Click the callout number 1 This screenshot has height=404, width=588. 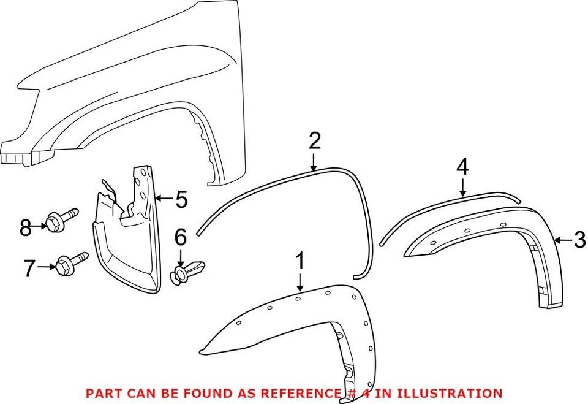coord(300,262)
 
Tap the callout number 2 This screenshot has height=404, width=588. coord(314,142)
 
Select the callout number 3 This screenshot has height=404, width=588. coord(579,240)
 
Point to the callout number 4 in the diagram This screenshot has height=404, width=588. coord(462,167)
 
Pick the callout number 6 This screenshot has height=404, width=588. coord(180,236)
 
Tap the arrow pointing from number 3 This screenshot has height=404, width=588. coord(562,240)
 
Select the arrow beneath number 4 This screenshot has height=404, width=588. coord(462,186)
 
